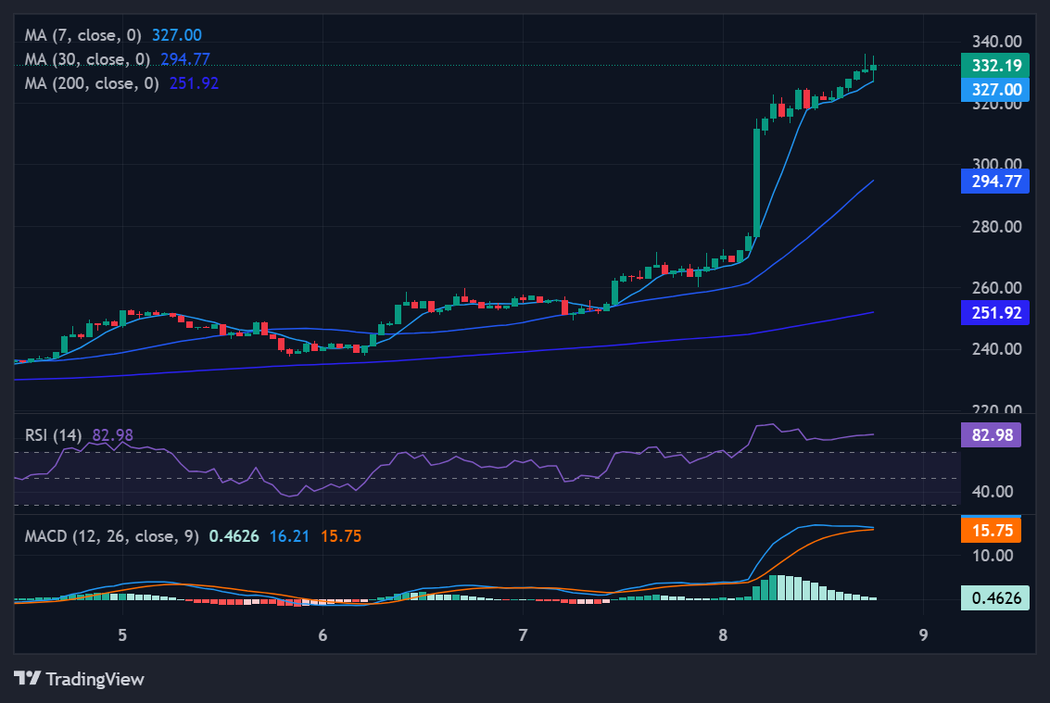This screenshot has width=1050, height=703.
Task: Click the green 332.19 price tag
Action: pyautogui.click(x=994, y=66)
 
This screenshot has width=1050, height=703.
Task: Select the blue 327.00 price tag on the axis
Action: pyautogui.click(x=994, y=90)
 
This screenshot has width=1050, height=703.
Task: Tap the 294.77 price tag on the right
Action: pyautogui.click(x=994, y=182)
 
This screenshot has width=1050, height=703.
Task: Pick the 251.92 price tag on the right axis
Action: pyautogui.click(x=994, y=313)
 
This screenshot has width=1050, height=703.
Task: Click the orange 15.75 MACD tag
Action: pyautogui.click(x=994, y=531)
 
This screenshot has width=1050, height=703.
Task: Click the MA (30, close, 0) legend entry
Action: pyautogui.click(x=89, y=59)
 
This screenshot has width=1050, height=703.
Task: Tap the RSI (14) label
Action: pyautogui.click(x=54, y=434)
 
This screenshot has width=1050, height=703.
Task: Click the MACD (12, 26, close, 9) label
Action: pyautogui.click(x=112, y=536)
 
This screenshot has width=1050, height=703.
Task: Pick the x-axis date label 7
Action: pyautogui.click(x=523, y=635)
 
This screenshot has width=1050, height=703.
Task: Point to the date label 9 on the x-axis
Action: pyautogui.click(x=923, y=635)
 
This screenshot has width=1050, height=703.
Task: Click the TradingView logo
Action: pyautogui.click(x=80, y=679)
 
